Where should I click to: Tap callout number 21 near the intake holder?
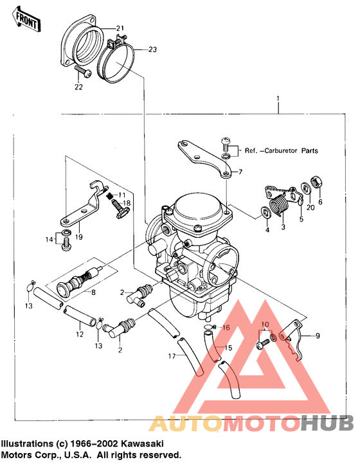coord(120,28)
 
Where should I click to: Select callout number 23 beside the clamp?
coord(152,49)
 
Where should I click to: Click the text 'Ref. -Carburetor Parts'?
coord(281,152)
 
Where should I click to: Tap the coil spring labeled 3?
coord(277,207)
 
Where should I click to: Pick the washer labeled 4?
coord(265,212)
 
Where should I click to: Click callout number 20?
coord(309,207)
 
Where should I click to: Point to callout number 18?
coord(127,202)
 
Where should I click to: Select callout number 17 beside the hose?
coord(172,355)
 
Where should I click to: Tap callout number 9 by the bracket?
coord(316,335)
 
